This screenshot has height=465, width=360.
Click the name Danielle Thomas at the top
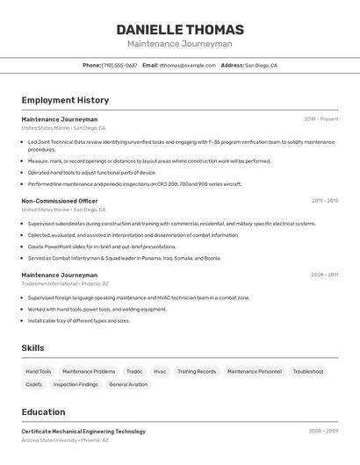pos(180,30)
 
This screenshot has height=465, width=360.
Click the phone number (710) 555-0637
pos(119,65)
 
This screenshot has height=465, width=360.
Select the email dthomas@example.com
pos(187,65)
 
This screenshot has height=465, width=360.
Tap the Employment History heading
pos(65,100)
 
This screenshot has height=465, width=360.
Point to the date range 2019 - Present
pos(321,118)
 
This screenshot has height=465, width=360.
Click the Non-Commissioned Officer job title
pos(60,201)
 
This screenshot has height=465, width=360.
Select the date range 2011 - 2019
pos(325,201)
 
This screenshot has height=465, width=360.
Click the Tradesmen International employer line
pos(65,283)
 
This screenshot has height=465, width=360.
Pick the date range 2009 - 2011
pos(324,275)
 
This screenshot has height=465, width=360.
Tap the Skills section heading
pos(32,348)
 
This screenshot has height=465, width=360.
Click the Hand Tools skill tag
pos(39,371)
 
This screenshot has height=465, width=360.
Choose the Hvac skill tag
pos(160,371)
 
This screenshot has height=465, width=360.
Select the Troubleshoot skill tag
pos(307,371)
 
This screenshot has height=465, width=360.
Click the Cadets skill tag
pos(34,384)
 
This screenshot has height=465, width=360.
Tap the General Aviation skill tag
pos(128,384)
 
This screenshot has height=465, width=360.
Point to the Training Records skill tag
pos(197,371)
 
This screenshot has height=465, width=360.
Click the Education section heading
pos(43,411)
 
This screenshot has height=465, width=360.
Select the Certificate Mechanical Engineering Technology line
pos(83,432)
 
